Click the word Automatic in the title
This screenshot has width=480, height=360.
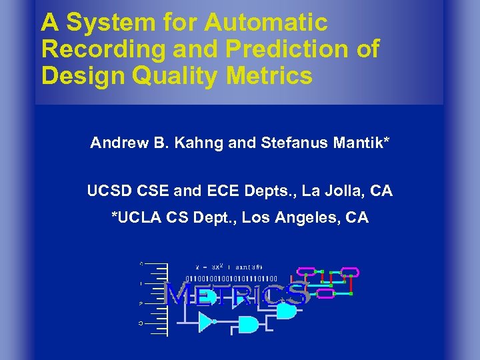coord(266,23)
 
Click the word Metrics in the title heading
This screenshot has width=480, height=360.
coord(269,75)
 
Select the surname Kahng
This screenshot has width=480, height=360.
coord(198,142)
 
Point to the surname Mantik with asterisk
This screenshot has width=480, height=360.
coord(355,142)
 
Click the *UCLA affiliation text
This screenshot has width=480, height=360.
coord(136,217)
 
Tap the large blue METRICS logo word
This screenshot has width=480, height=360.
coord(237,294)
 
